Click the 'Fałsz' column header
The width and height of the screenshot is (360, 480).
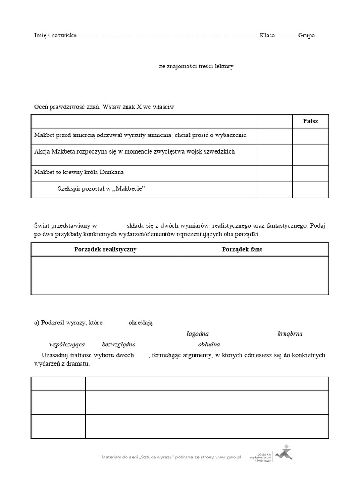311,121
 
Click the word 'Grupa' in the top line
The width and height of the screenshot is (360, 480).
306,36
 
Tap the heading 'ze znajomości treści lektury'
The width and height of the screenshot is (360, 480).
196,67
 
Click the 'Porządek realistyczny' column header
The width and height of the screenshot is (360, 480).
105,249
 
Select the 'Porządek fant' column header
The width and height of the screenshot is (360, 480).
242,249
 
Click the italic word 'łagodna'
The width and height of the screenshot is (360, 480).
197,334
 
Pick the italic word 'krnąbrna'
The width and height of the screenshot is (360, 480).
290,334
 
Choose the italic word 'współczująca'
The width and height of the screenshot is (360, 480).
67,344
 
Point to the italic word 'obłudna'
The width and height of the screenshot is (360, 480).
209,344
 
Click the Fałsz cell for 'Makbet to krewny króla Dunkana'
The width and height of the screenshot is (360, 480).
311,173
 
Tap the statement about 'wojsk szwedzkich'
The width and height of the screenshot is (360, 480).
135,152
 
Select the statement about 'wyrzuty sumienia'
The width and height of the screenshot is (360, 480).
141,135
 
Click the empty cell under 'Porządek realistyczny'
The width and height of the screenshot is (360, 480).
105,276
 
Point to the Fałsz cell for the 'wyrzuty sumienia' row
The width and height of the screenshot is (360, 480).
311,136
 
